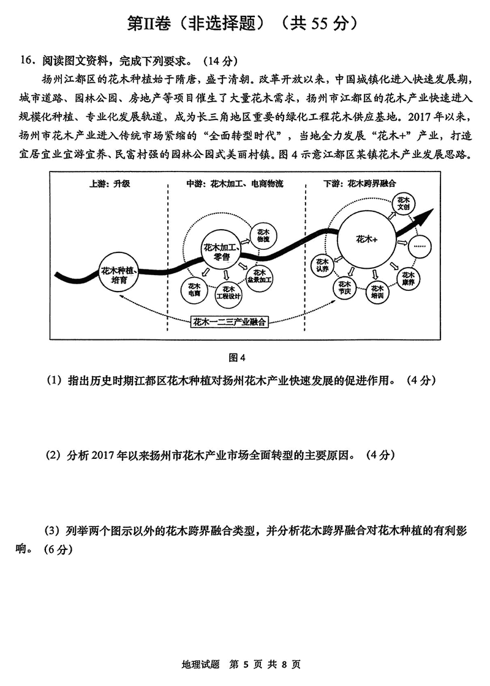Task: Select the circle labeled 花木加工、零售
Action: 218,251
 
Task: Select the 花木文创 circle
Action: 402,203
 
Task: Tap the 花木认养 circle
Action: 323,265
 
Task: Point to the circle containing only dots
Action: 420,245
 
